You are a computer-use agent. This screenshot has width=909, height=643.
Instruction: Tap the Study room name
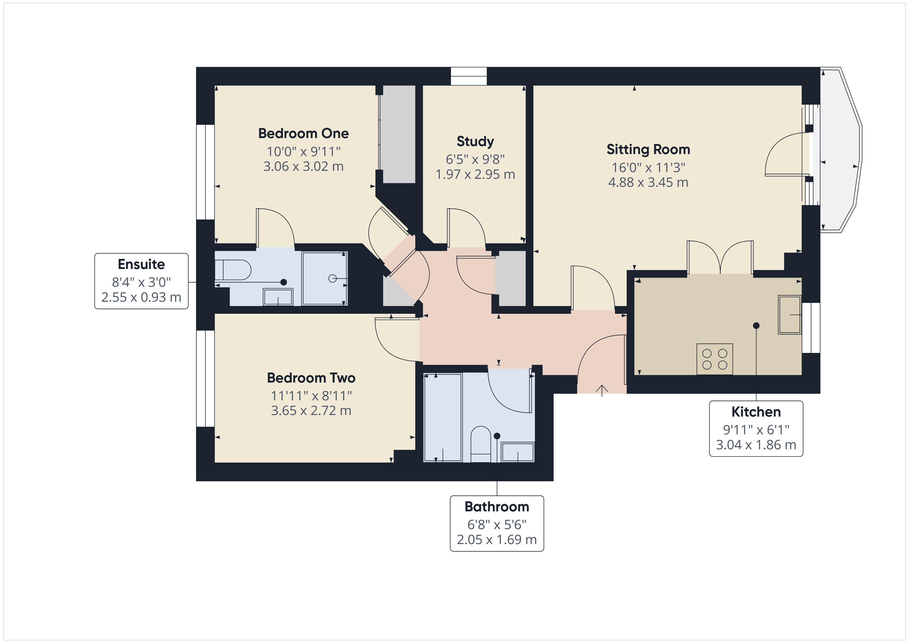(475, 141)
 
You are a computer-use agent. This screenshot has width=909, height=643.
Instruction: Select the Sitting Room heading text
(648, 149)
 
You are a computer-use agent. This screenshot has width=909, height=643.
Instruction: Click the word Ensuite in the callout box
(141, 264)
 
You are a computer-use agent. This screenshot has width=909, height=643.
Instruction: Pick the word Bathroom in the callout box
(497, 506)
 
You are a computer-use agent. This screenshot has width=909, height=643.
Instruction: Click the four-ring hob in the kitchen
(715, 359)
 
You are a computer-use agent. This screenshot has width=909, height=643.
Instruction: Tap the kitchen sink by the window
(790, 315)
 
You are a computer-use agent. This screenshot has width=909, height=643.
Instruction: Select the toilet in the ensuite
(233, 270)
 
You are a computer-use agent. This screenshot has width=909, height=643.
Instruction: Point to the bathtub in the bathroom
(443, 417)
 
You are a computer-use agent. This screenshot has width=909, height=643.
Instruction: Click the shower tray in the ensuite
(325, 278)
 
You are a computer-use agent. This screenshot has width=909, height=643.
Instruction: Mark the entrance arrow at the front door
(602, 390)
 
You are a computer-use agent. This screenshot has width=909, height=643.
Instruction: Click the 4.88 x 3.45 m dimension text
(648, 183)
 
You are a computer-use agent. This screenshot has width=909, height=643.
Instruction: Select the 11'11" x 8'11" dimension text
(311, 395)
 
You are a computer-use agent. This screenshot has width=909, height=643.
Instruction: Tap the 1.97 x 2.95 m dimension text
(475, 175)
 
